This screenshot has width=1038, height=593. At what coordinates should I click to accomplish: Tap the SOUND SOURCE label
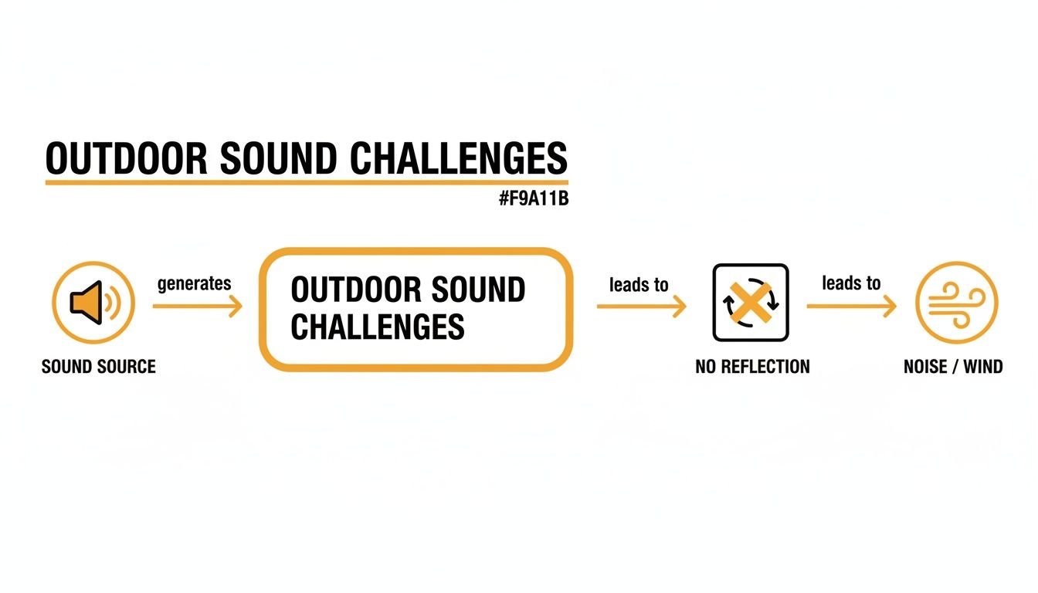pos(99,366)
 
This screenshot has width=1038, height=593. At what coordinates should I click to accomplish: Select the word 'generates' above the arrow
pos(194,283)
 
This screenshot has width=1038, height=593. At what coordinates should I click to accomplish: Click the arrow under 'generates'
pos(198,307)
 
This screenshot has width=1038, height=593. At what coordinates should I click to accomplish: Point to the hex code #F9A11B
pos(534,199)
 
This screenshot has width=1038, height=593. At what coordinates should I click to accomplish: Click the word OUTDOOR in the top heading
pos(126,158)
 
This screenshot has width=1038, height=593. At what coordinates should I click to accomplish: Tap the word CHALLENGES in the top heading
pos(459,158)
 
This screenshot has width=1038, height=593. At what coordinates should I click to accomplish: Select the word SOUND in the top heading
pos(279,158)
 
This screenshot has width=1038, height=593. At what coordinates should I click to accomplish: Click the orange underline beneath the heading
pos(307,182)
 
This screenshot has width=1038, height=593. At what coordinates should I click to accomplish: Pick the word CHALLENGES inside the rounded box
pos(378,327)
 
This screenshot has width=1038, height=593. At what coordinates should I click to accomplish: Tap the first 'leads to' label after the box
pos(639,285)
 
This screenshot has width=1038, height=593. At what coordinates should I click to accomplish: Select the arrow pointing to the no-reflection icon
pos(642,307)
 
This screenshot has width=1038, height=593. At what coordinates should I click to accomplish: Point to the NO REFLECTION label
pos(752,367)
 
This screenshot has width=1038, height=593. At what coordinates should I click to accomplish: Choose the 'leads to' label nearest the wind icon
pos(851,283)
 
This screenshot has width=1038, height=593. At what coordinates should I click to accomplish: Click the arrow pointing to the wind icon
pos(852,307)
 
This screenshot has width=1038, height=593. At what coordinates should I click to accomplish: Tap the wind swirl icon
pos(956,302)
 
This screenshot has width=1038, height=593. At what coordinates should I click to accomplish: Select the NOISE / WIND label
pos(953,367)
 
